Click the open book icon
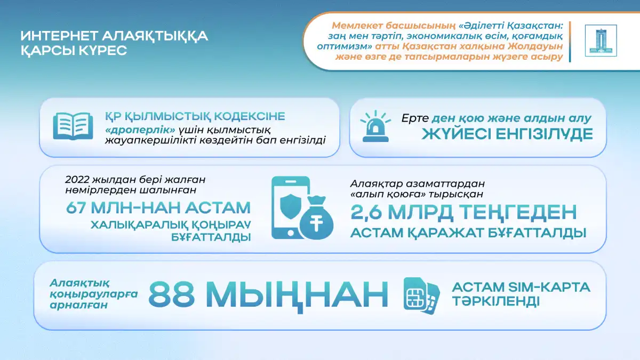click(x=73, y=126)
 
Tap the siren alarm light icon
click(x=375, y=126)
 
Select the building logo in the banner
click(x=601, y=41)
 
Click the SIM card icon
click(x=422, y=295)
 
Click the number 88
click(x=172, y=294)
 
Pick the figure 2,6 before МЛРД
click(x=366, y=212)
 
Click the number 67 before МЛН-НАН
click(x=76, y=207)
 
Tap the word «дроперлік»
click(x=140, y=130)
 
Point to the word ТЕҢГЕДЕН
click(x=518, y=213)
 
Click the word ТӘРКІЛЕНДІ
click(x=495, y=301)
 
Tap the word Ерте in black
click(x=415, y=118)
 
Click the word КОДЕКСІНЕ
click(x=250, y=116)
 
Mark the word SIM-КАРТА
click(x=548, y=287)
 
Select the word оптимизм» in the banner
click(x=345, y=46)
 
